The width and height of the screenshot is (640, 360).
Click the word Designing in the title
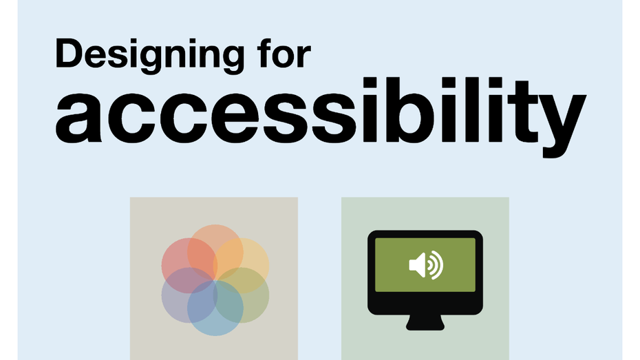[x=150, y=56]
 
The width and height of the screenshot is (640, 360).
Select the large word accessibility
[x=321, y=117]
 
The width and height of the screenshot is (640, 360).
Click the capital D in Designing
[x=69, y=53]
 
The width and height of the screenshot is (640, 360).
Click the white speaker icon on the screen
[x=417, y=264]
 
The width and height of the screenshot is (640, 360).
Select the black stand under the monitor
[x=425, y=322]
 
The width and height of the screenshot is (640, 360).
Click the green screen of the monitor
[x=425, y=264]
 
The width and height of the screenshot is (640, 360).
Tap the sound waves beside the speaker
[x=435, y=265]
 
